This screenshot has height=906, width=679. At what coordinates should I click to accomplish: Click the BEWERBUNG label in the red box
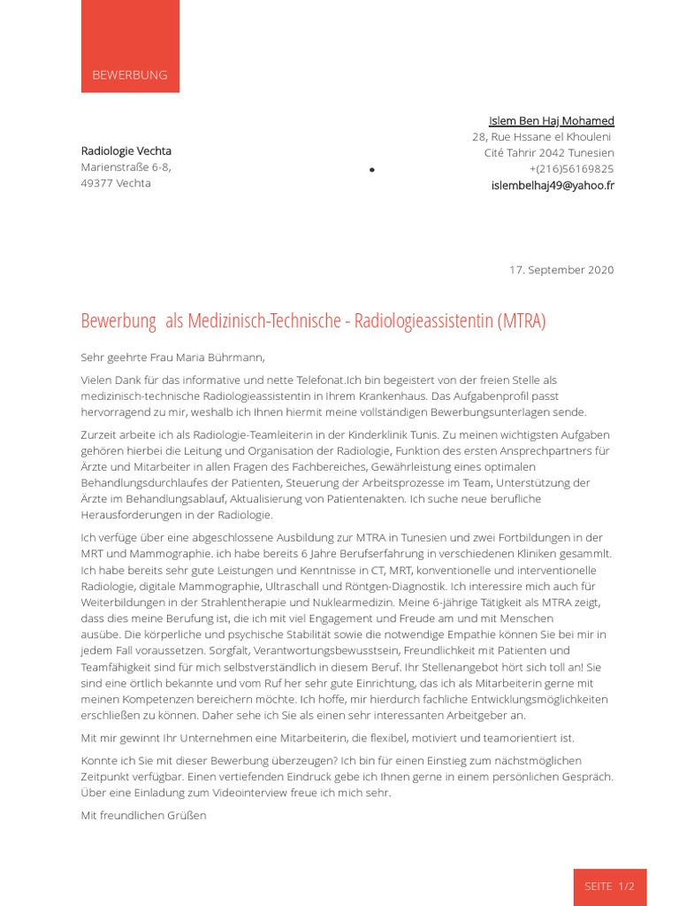pyautogui.click(x=130, y=75)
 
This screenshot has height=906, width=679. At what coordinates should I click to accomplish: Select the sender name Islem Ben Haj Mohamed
pyautogui.click(x=551, y=120)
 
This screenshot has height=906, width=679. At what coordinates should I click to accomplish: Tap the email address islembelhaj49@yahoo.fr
pyautogui.click(x=553, y=185)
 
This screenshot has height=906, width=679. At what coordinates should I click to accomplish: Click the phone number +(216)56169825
pyautogui.click(x=571, y=169)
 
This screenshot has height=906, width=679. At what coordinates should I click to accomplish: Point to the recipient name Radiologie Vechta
pyautogui.click(x=126, y=150)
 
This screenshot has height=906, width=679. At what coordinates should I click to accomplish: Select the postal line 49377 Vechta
pyautogui.click(x=116, y=183)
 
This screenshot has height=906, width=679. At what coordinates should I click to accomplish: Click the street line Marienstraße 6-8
pyautogui.click(x=126, y=167)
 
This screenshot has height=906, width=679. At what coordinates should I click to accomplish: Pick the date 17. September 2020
pyautogui.click(x=561, y=270)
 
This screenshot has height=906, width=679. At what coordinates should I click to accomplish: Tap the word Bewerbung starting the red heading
pyautogui.click(x=118, y=320)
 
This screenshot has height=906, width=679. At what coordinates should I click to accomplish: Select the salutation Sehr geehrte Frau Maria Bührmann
pyautogui.click(x=172, y=357)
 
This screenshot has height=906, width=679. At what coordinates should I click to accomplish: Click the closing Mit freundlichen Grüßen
pyautogui.click(x=143, y=815)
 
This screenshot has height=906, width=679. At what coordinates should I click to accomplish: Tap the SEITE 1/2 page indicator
pyautogui.click(x=609, y=886)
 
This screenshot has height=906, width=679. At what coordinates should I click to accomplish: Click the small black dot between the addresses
pyautogui.click(x=371, y=170)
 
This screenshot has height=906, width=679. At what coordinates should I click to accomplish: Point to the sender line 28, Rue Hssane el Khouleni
pyautogui.click(x=541, y=137)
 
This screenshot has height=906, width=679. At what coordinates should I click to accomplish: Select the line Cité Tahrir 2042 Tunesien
pyautogui.click(x=548, y=153)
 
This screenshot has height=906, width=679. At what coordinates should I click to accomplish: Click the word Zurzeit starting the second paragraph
pyautogui.click(x=101, y=435)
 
